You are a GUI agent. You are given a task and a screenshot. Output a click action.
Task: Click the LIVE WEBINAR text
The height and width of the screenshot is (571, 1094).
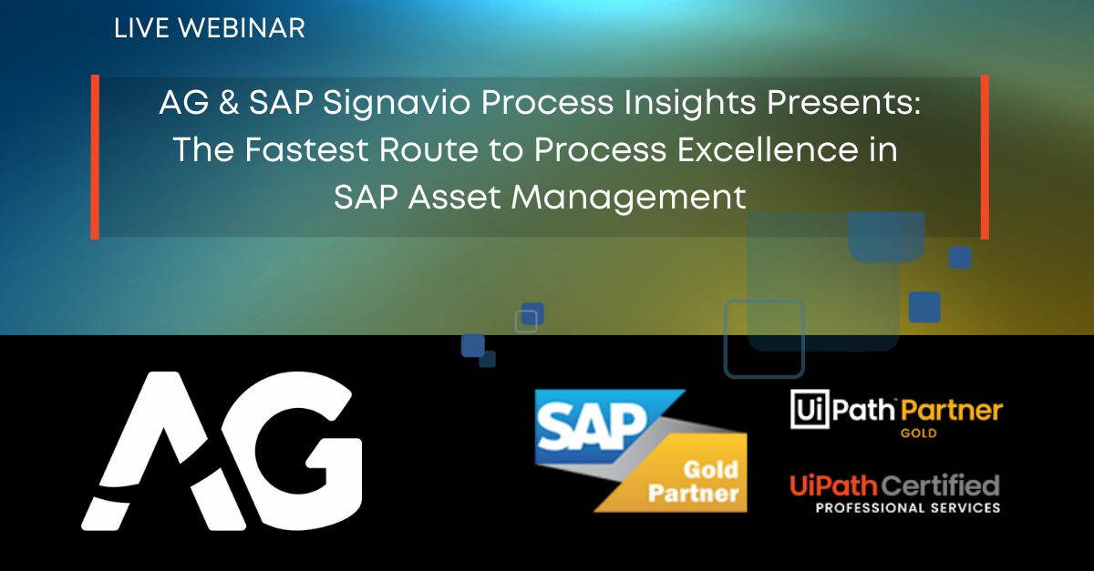210,28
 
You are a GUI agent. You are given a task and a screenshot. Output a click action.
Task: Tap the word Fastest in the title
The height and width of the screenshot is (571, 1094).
296,150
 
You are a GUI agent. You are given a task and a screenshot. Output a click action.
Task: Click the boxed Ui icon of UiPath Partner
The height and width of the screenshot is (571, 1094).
808,412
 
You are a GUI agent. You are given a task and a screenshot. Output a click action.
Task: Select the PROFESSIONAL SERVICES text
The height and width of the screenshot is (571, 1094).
894,507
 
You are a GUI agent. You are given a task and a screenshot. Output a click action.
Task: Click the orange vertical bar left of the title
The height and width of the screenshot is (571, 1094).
95,157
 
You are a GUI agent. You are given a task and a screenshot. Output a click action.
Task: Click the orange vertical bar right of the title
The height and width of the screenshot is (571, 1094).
985,157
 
